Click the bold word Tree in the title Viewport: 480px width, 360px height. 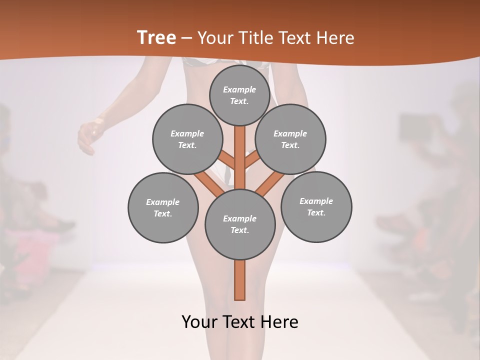point(156,37)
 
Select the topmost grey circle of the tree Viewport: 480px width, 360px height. point(239,95)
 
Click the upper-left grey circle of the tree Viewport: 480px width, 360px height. point(187,139)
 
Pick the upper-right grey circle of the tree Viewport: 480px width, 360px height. point(290,139)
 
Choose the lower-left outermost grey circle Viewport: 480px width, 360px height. point(163,207)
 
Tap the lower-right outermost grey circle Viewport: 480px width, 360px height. point(316,206)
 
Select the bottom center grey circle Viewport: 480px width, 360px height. point(240,224)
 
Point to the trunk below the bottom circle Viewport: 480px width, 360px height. point(240,280)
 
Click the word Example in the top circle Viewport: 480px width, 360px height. point(239,89)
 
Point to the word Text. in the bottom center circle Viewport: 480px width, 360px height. point(239,230)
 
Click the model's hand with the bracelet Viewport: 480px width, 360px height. point(89,135)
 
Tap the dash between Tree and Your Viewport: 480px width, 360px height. point(186,38)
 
